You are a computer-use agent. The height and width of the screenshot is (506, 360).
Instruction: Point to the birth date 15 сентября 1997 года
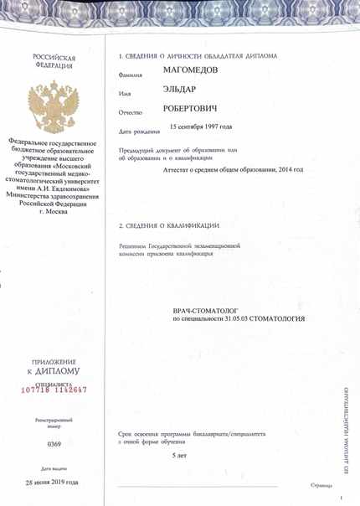coord(201,127)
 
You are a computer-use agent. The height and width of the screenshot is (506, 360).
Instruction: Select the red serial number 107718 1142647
coord(54,390)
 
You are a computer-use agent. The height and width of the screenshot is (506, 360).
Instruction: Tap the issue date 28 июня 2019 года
coord(52,483)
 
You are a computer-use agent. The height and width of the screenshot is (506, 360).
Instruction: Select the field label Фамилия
coord(131,75)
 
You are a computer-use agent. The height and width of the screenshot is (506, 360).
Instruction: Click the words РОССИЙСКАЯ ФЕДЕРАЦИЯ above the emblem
coord(53,62)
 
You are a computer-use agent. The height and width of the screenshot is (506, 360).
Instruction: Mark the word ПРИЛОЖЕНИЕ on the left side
coord(53,360)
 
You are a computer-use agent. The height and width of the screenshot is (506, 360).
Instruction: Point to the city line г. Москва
coord(53,211)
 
